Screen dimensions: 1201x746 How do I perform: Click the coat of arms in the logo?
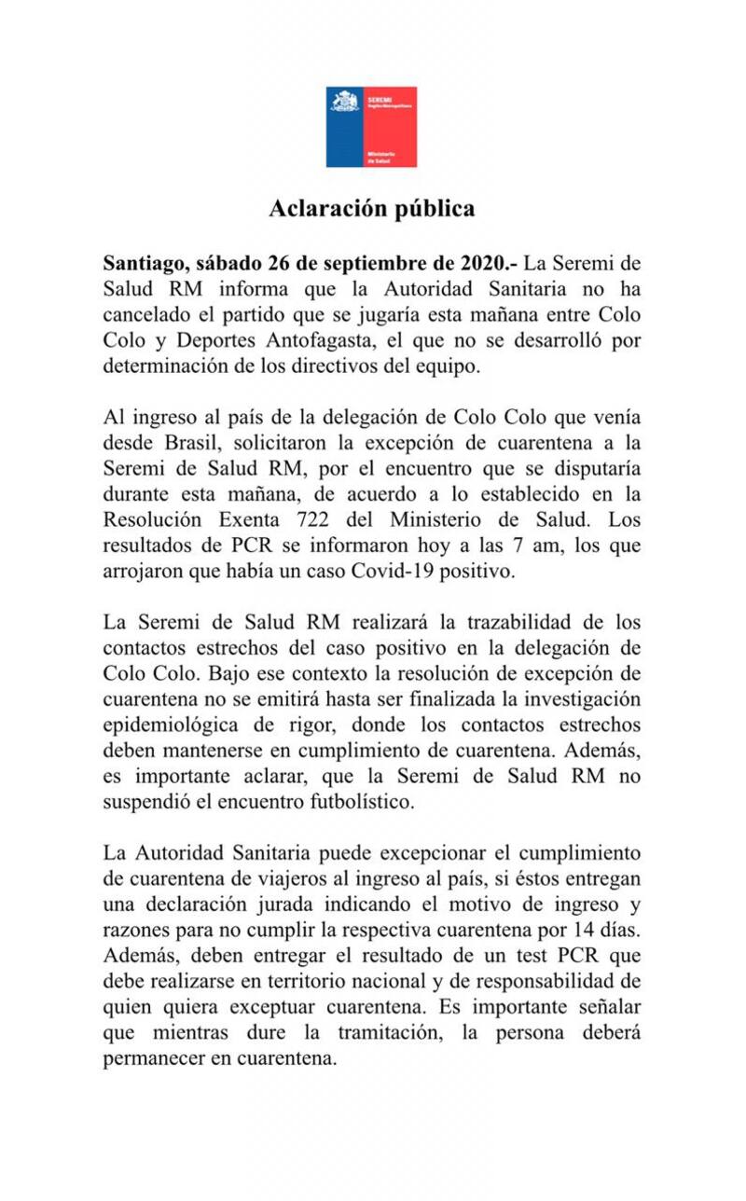point(345,102)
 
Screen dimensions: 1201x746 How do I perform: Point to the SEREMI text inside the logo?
point(379,97)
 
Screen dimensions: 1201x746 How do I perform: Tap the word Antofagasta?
point(324,339)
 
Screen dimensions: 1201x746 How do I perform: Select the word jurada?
point(305,904)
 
